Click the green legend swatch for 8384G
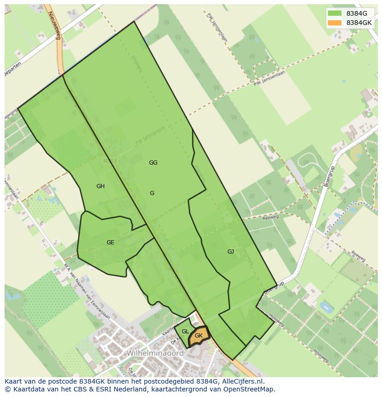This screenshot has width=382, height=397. pos(335,13)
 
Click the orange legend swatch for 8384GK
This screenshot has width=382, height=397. pos(335,23)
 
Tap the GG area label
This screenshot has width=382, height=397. pos(153,163)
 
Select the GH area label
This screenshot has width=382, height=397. pos(101,186)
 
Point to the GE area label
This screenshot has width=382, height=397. pos(110,243)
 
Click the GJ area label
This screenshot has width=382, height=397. pos(231,252)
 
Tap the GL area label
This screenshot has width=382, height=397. pos(185,332)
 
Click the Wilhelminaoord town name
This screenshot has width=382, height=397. pos(155,353)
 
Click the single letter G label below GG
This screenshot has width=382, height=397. pos(152,193)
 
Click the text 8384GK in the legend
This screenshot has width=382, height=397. pos(359,23)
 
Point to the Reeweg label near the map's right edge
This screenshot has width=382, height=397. pos(358,256)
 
